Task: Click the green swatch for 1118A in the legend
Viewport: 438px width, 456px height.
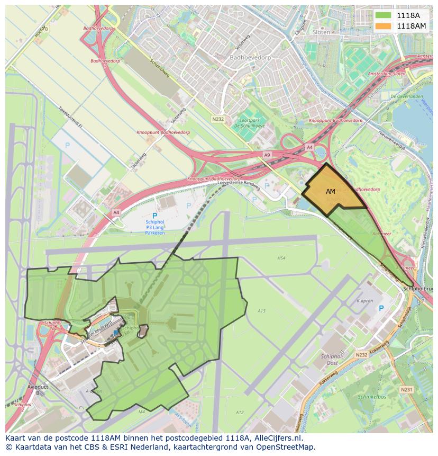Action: tap(384, 15)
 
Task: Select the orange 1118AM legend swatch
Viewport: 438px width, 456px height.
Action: tap(384, 25)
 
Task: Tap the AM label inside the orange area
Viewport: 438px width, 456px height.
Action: tap(331, 191)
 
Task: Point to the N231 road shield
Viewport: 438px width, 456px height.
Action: tap(406, 389)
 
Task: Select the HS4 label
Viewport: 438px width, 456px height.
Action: tap(281, 258)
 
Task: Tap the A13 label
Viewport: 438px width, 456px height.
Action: tap(261, 311)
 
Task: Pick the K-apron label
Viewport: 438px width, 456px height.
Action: tap(364, 301)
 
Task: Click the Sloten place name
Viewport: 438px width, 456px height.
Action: tap(321, 32)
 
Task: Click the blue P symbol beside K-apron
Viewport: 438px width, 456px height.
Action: tap(381, 309)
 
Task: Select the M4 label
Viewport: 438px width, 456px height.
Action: tap(141, 411)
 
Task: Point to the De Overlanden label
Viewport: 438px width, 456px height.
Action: tap(406, 97)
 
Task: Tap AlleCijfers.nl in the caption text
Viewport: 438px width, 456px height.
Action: tap(284, 438)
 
